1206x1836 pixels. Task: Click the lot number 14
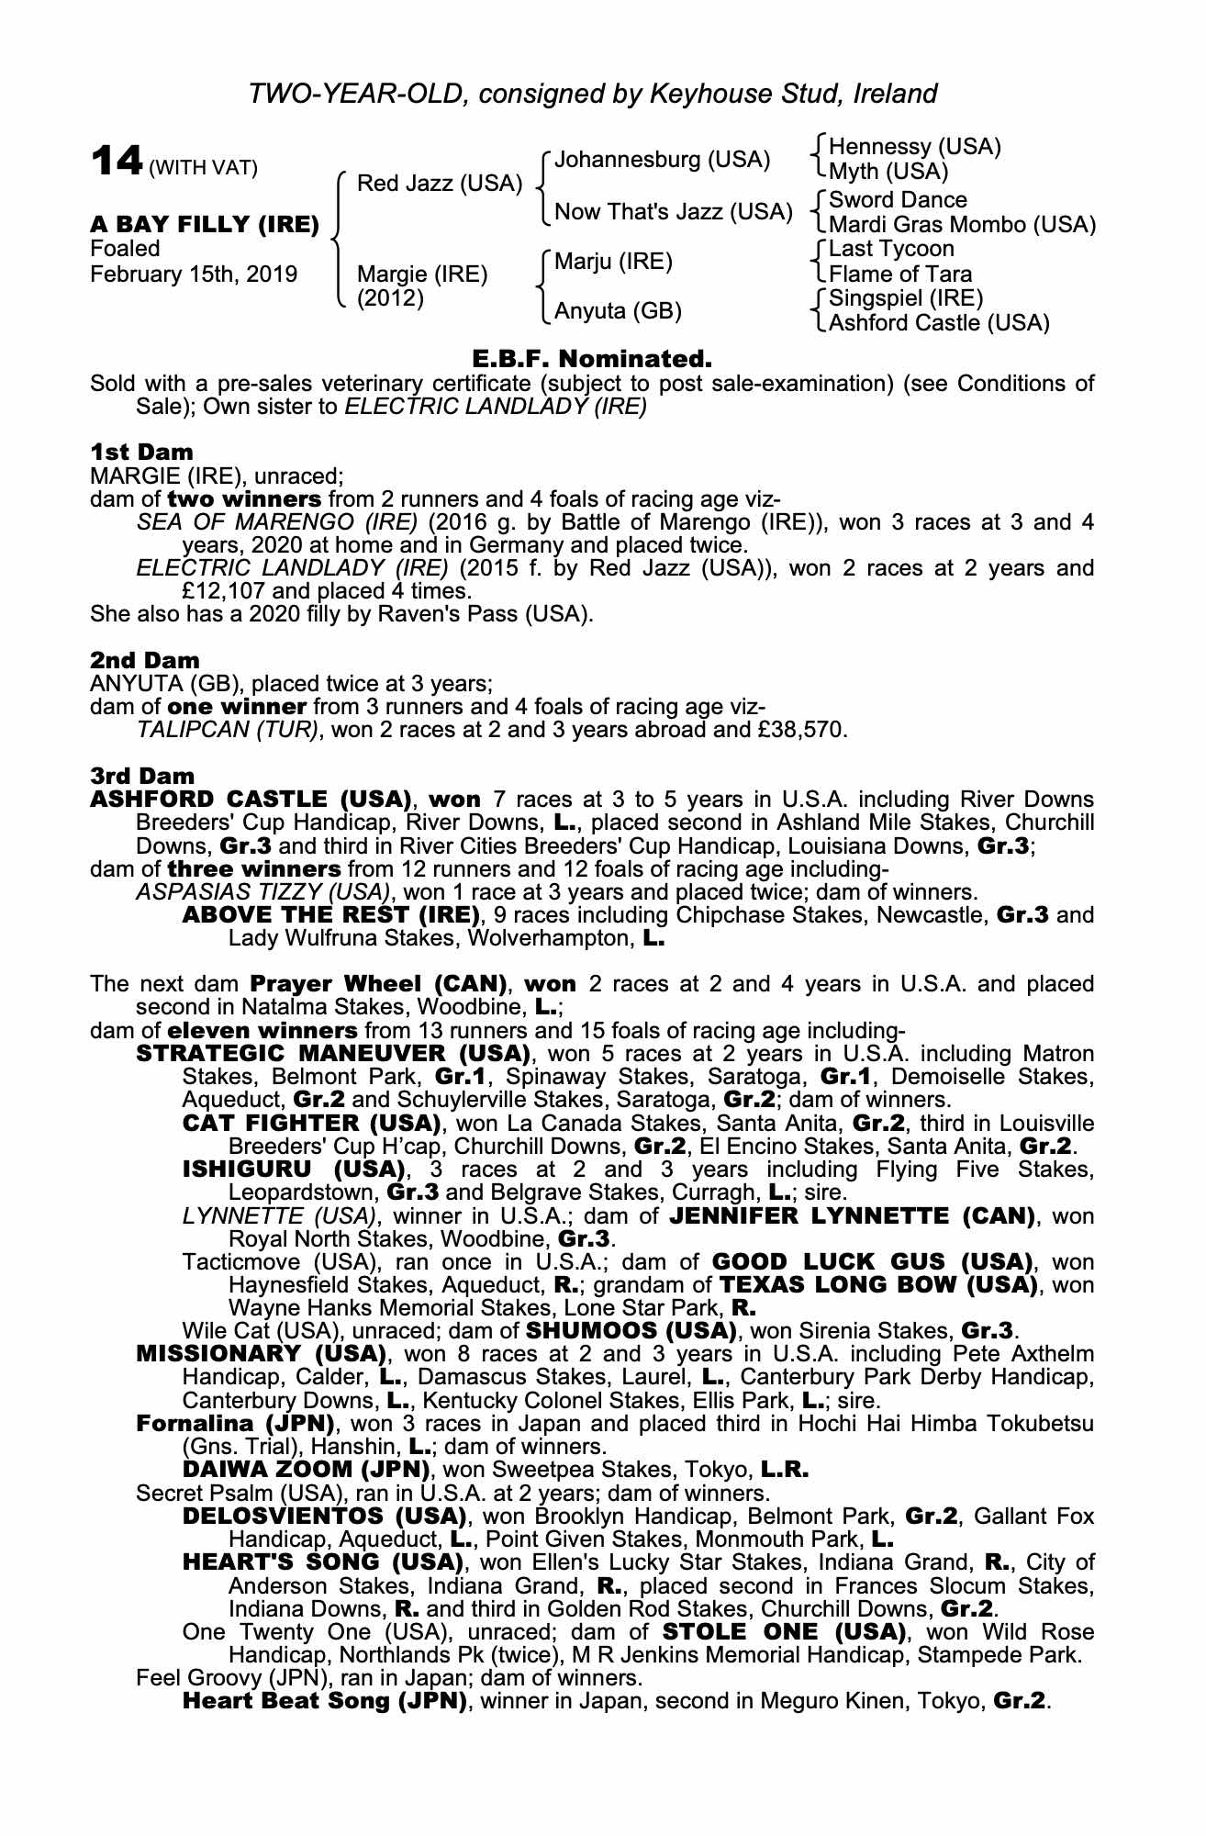click(x=117, y=162)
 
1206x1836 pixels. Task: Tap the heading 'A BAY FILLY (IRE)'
click(x=205, y=224)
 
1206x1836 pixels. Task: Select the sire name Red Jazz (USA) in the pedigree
click(x=439, y=184)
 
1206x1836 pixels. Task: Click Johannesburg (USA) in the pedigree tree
click(x=662, y=160)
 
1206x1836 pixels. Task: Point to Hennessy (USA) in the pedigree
click(x=914, y=147)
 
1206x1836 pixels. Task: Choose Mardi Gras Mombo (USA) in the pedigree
click(x=962, y=225)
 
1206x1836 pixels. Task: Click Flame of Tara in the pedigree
click(x=900, y=274)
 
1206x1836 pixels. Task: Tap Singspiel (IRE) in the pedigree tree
click(x=906, y=298)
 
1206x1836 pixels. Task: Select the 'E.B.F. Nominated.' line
click(x=592, y=358)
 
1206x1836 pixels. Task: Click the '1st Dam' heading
click(x=142, y=452)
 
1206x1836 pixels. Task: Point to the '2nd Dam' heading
click(x=145, y=660)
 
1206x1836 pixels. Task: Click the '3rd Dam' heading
click(x=143, y=776)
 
